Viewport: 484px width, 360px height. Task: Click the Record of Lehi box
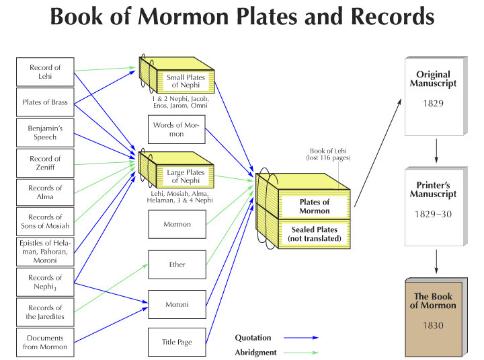pos(45,72)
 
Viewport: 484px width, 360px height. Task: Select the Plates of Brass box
pos(45,102)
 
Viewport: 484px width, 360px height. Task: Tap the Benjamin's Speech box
pos(45,133)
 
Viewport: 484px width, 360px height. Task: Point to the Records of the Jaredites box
pos(45,312)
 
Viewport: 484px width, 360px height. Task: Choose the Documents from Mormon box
pos(45,343)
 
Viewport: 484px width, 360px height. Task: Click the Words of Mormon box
pos(177,129)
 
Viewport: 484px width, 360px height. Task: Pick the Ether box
pos(177,264)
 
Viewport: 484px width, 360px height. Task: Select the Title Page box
pos(177,342)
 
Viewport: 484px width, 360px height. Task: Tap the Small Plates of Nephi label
pos(186,81)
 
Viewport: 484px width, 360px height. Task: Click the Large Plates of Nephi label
pos(186,176)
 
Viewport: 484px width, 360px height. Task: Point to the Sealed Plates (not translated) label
pos(315,234)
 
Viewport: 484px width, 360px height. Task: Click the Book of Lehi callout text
pos(329,154)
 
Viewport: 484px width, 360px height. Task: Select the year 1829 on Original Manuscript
pos(433,103)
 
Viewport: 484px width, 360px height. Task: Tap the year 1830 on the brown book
pos(433,326)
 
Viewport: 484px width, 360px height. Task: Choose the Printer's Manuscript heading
pos(433,190)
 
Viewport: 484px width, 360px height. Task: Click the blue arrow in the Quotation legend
pos(301,337)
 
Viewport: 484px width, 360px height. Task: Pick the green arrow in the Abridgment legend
pos(301,353)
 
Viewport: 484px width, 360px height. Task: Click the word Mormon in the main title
pos(184,16)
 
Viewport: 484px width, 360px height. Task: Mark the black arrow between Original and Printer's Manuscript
pos(436,151)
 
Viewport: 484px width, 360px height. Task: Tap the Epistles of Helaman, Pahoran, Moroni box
pos(45,252)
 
